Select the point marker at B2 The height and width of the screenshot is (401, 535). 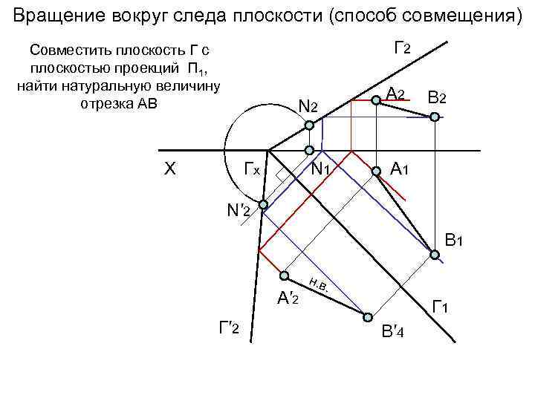435,117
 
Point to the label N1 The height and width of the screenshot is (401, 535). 321,169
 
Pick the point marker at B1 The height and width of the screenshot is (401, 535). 435,254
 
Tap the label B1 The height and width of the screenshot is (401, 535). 454,241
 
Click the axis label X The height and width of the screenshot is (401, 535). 169,169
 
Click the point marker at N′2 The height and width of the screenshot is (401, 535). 263,203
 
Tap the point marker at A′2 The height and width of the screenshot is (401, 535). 284,275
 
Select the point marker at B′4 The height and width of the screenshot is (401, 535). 367,316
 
